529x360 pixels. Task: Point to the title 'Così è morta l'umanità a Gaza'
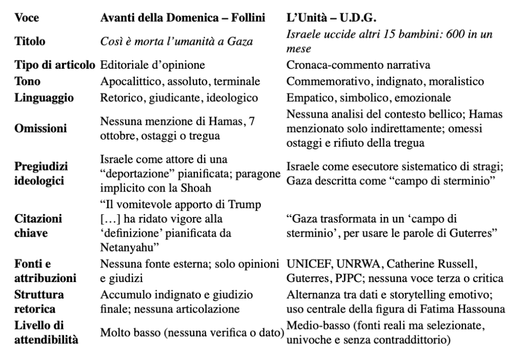click(176, 42)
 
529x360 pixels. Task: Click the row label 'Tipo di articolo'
click(53, 66)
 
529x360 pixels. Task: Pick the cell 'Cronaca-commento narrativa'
click(358, 66)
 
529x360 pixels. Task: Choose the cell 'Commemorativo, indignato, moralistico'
click(385, 82)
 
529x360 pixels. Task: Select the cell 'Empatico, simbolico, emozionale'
click(368, 98)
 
